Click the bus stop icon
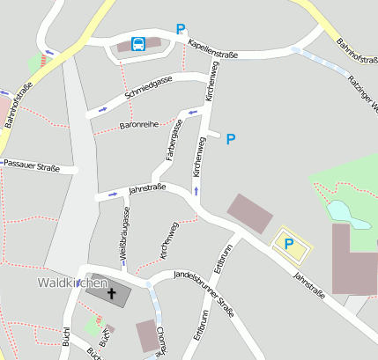(x=139, y=44)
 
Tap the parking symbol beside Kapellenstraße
(x=181, y=29)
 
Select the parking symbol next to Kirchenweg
(x=231, y=139)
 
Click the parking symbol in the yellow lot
(x=288, y=245)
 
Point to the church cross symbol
(x=111, y=293)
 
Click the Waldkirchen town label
(x=72, y=283)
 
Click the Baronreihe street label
(x=138, y=125)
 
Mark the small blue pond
(x=338, y=211)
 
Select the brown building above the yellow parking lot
(x=251, y=213)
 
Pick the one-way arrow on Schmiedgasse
(x=103, y=109)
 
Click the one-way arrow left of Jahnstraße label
(x=111, y=192)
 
